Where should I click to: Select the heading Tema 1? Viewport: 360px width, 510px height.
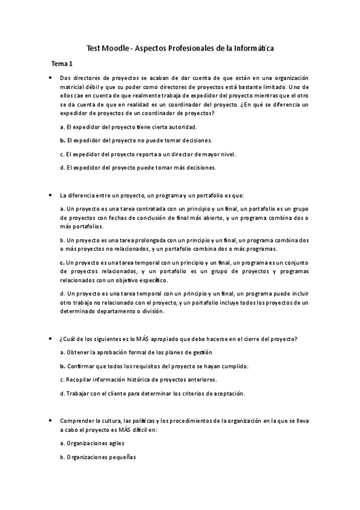(x=62, y=63)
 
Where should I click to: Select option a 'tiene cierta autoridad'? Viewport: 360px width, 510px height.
(x=129, y=127)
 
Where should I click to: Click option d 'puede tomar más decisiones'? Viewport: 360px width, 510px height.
(x=138, y=167)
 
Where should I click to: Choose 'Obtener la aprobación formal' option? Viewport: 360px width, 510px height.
(x=128, y=352)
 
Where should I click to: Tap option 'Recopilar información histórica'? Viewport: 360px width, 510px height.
(x=139, y=379)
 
